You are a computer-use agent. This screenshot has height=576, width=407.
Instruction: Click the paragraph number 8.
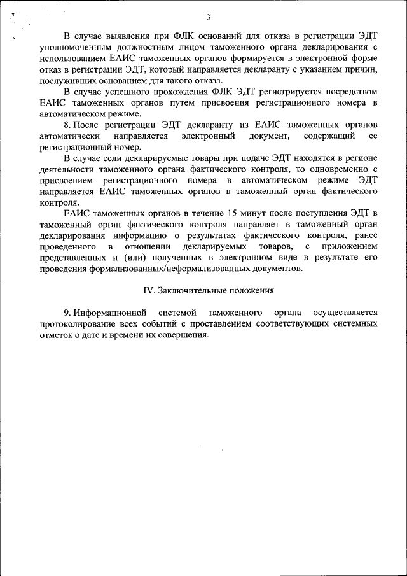(x=67, y=126)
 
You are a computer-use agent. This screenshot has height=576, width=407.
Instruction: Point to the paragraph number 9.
(x=66, y=313)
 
